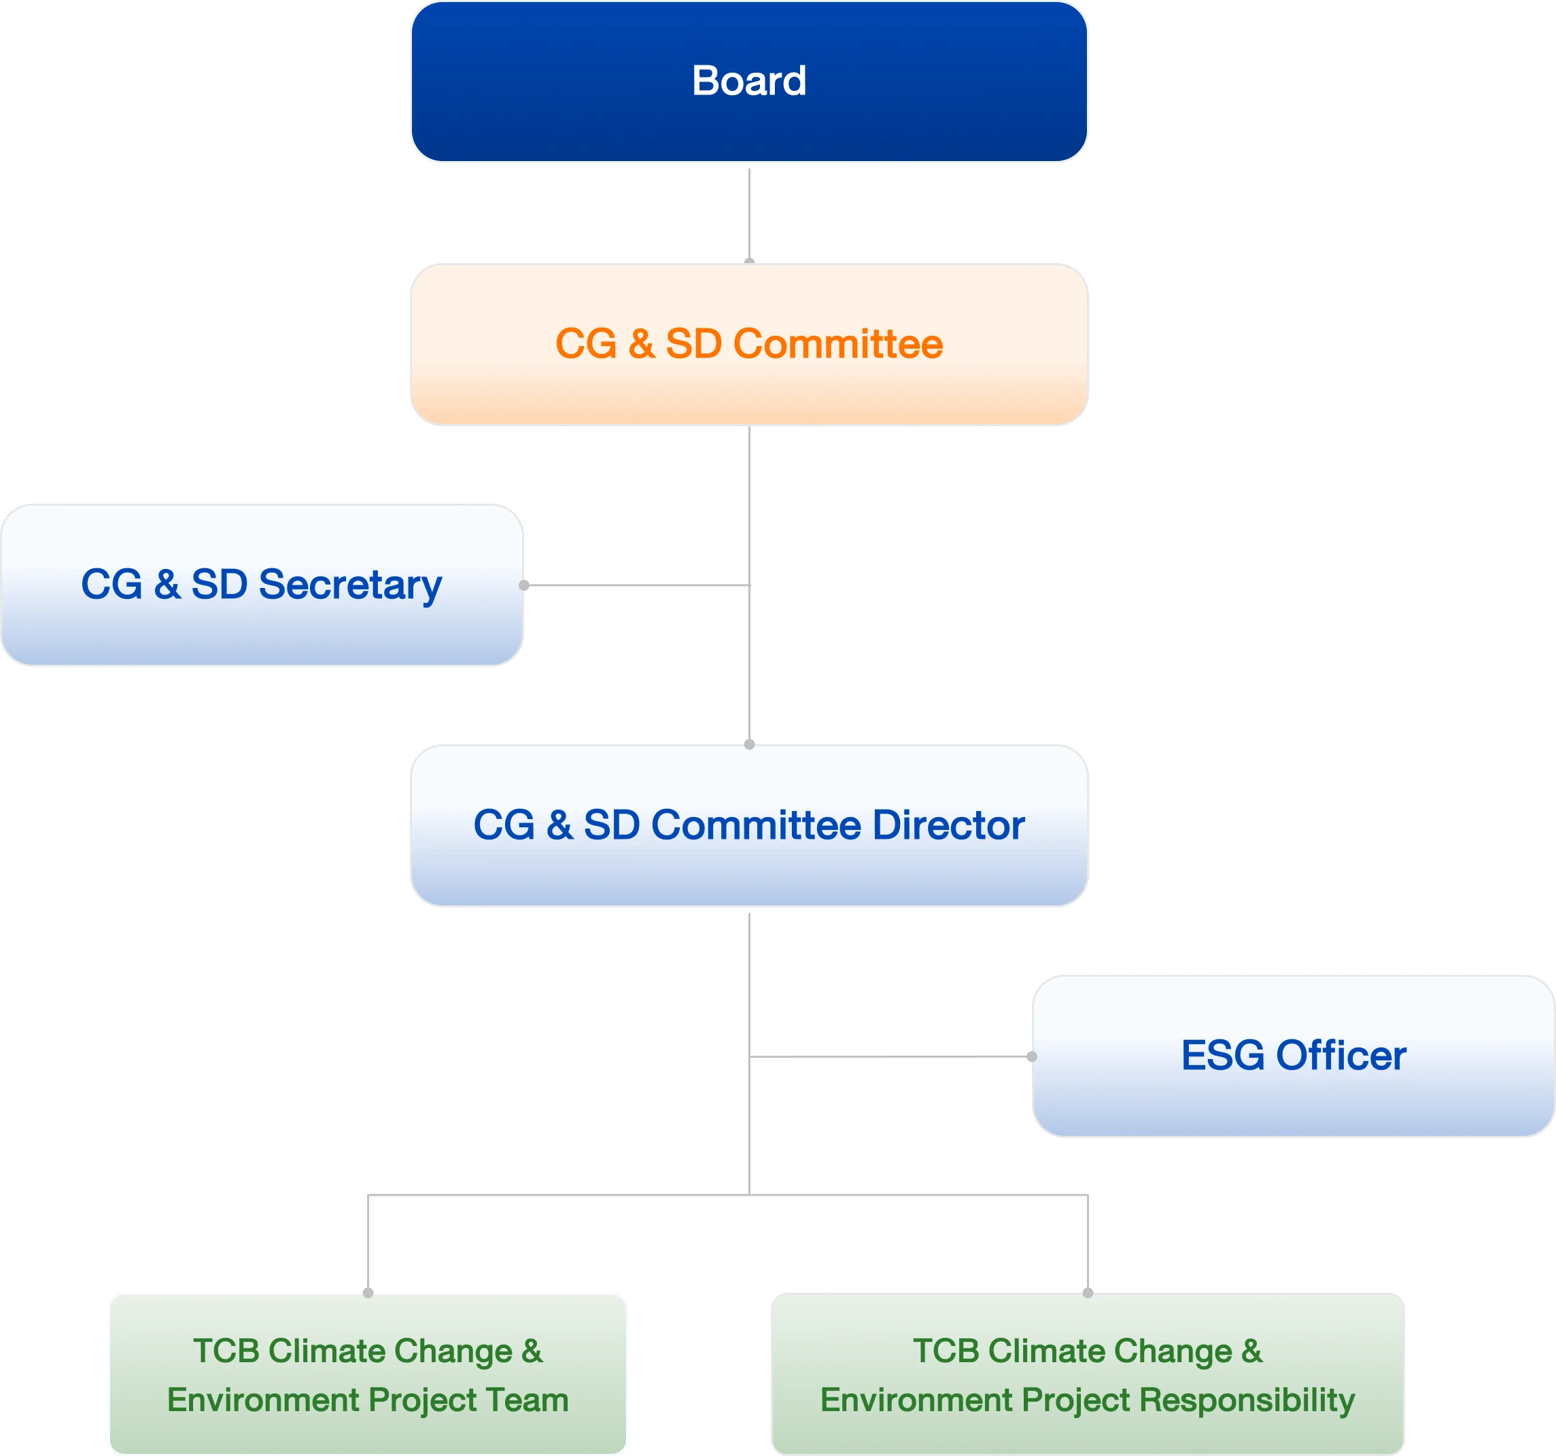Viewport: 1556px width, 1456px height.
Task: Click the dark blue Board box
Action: click(749, 82)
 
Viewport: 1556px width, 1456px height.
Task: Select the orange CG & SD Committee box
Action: click(749, 345)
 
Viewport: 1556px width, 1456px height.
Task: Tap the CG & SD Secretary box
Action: click(262, 585)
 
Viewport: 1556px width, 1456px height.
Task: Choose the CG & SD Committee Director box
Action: click(749, 825)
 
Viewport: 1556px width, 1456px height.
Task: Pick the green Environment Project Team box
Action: click(367, 1375)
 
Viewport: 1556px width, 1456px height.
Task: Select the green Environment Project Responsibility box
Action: click(1088, 1375)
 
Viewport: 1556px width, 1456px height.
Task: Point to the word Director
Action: click(949, 826)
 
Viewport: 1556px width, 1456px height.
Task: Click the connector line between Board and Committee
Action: click(749, 211)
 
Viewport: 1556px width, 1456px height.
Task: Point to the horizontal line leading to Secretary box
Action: click(638, 585)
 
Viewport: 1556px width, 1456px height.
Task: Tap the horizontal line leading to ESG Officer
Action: click(888, 1058)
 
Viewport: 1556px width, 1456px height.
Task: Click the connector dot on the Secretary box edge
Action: click(525, 585)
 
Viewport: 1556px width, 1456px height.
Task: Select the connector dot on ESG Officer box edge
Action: click(1032, 1057)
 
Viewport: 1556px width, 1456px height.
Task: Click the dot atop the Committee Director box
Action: click(749, 743)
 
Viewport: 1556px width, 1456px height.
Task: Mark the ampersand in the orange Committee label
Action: click(641, 345)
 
